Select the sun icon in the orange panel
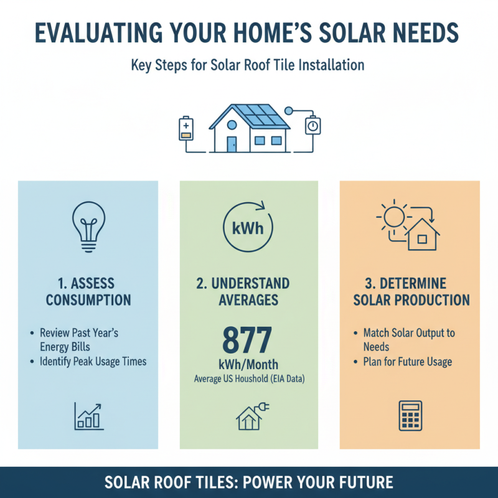(393, 217)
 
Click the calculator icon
(410, 415)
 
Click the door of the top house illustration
(232, 144)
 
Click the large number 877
(247, 340)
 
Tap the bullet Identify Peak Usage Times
(92, 362)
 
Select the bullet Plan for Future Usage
(408, 362)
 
